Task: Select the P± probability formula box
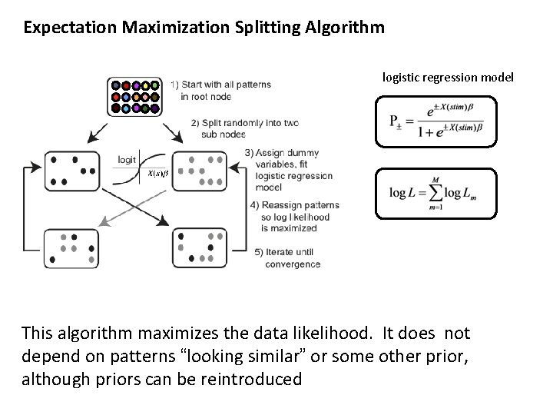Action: tap(436, 121)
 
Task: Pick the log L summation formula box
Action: tap(435, 194)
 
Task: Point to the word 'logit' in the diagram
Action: tap(127, 159)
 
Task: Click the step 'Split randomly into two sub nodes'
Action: tap(244, 128)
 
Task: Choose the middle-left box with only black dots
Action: tap(71, 170)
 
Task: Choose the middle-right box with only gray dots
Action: tap(199, 171)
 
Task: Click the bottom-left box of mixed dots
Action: tap(71, 247)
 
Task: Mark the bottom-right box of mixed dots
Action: tap(199, 247)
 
